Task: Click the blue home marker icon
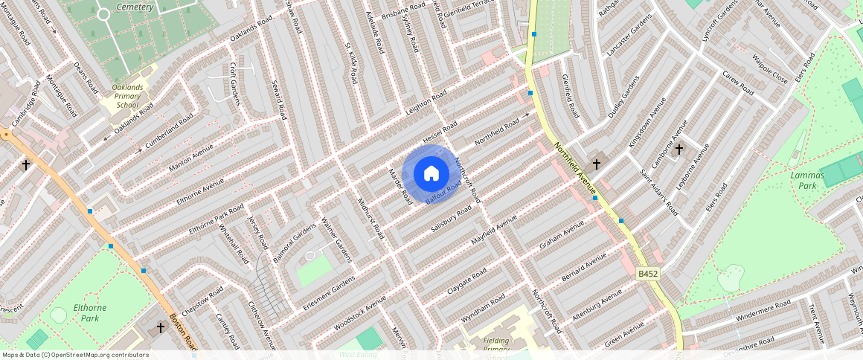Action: point(431,174)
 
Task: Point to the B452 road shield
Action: point(648,274)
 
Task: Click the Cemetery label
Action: point(135,7)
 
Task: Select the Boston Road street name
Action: point(182,332)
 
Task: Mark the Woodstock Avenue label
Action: point(360,312)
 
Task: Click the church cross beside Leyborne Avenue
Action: point(678,150)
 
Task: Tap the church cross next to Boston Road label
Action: point(160,327)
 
